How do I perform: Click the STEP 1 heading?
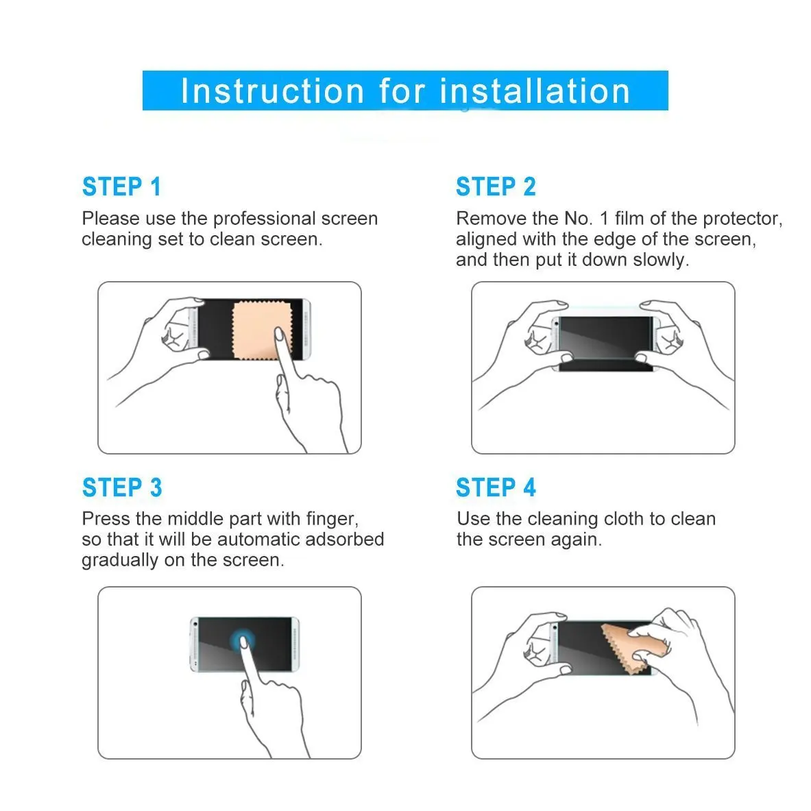(121, 186)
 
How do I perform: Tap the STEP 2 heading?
(496, 186)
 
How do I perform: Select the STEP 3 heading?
(122, 487)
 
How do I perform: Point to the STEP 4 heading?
(496, 487)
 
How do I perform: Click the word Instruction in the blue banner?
(273, 91)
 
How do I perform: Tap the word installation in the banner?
(535, 91)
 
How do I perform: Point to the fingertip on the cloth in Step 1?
(279, 334)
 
